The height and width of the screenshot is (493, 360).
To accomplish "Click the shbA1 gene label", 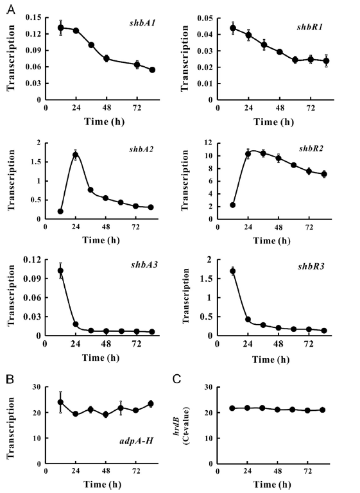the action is [142, 23].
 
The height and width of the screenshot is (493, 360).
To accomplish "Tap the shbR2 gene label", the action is [311, 148].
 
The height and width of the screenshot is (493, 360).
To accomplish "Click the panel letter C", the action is [176, 379].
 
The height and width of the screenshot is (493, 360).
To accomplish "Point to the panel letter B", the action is [10, 379].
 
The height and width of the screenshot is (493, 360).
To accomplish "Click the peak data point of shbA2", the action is [75, 155].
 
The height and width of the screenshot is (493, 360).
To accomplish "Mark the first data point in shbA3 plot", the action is [60, 271].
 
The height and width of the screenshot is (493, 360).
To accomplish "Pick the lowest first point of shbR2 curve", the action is [233, 205].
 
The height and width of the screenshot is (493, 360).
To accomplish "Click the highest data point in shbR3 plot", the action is [233, 271].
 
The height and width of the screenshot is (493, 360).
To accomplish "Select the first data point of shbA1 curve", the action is [61, 28].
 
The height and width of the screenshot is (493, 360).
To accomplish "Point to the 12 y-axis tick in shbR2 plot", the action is [208, 143].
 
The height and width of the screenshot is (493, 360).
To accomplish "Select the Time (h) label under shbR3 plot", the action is [271, 359].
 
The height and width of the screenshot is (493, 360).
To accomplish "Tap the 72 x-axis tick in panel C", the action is [307, 472].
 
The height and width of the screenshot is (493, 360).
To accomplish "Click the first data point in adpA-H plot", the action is [60, 402].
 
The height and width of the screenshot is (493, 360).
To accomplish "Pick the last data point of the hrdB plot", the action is [322, 410].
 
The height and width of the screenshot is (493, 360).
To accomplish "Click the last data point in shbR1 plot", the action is [326, 61].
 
